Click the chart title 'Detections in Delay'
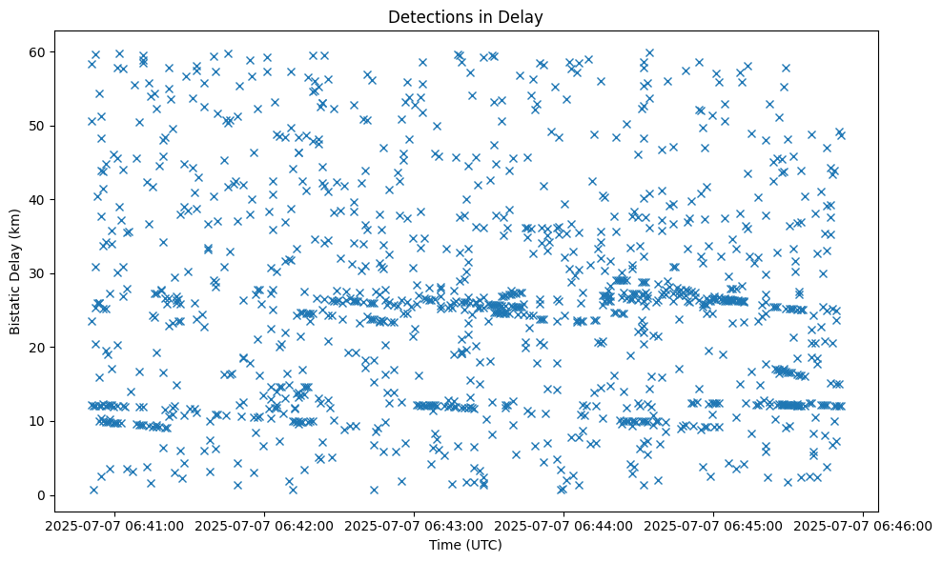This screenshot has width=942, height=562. click(x=465, y=16)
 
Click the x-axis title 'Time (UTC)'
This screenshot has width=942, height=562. click(x=465, y=545)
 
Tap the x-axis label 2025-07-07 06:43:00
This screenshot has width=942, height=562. click(x=415, y=525)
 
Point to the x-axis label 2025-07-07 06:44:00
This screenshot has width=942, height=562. click(x=564, y=525)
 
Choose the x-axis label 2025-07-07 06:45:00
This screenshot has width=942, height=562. click(x=714, y=525)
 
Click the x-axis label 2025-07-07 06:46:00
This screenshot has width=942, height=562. click(x=863, y=525)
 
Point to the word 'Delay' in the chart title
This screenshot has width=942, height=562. click(x=522, y=16)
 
